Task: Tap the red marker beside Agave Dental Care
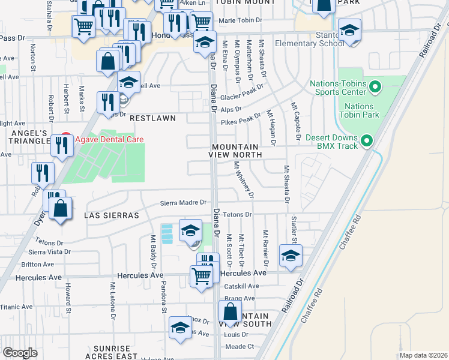click(67, 139)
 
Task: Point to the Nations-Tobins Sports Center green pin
click(376, 88)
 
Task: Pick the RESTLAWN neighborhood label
click(155, 118)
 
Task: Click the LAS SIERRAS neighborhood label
click(112, 215)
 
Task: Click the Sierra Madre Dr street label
click(183, 203)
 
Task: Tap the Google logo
click(20, 352)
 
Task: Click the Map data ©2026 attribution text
click(423, 355)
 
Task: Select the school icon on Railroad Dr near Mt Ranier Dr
click(291, 256)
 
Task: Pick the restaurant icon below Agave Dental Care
click(62, 145)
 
